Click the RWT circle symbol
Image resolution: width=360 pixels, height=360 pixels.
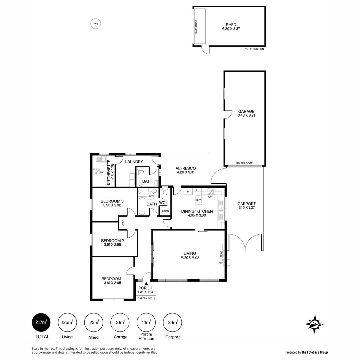[96, 24]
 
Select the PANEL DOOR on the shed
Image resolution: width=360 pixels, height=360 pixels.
[199, 26]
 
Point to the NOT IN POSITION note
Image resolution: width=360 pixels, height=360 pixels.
[254, 49]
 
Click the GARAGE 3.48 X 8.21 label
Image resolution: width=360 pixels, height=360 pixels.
[246, 113]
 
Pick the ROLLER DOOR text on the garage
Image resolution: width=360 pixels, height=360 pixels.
[244, 163]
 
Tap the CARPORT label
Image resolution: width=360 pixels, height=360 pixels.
[247, 206]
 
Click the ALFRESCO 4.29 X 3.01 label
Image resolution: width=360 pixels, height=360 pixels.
[185, 170]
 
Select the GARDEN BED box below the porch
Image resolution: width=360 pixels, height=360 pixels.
[146, 298]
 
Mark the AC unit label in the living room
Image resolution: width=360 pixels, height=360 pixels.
[220, 263]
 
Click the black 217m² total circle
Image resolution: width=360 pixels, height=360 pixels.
[41, 323]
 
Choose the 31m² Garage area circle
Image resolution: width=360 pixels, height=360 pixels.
[120, 323]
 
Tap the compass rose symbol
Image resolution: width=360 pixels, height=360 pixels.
[314, 324]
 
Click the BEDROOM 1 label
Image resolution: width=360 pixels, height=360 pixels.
[112, 281]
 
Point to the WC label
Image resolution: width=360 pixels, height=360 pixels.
[162, 203]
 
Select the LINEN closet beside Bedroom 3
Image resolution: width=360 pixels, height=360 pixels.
[122, 223]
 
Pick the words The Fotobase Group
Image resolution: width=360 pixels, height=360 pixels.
[315, 352]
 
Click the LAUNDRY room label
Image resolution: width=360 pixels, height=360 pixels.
[134, 162]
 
